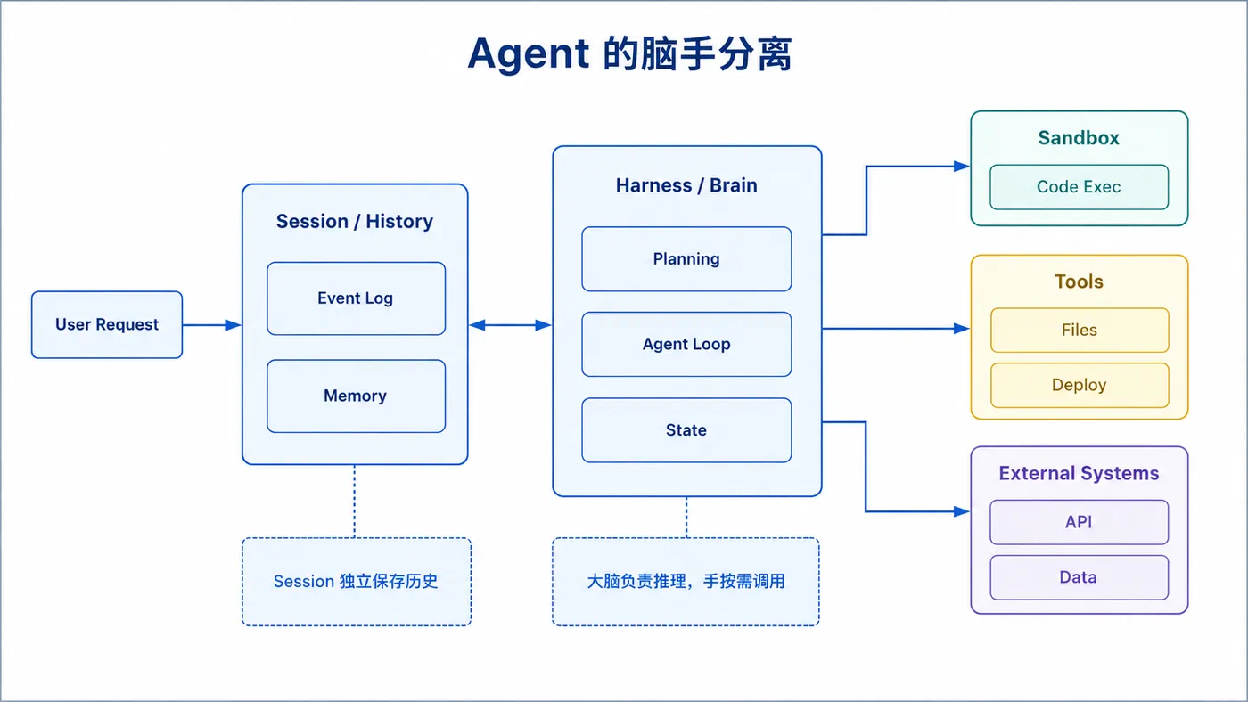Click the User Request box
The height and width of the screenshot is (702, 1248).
point(107,324)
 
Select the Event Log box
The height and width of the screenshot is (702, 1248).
point(356,298)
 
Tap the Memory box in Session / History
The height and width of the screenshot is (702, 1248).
point(356,396)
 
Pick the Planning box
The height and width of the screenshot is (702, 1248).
point(686,259)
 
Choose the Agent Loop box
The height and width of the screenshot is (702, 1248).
point(686,344)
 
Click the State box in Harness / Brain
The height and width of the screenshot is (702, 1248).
point(686,429)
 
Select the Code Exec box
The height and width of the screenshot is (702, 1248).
point(1080,187)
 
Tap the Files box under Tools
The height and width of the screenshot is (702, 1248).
point(1080,331)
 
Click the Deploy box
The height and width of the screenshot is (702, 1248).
point(1080,385)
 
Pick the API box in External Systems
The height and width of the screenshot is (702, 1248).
point(1080,522)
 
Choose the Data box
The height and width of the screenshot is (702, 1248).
point(1080,577)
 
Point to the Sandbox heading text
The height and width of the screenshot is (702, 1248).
point(1079,137)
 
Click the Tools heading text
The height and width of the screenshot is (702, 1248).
point(1080,282)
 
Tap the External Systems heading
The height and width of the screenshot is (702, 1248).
point(1079,473)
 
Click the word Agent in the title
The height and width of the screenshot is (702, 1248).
point(528,54)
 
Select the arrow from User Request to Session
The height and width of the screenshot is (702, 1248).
point(212,325)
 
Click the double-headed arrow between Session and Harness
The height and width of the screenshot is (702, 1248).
point(510,325)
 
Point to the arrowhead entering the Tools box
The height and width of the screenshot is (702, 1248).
point(962,329)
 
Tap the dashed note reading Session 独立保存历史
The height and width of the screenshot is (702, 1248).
point(357,582)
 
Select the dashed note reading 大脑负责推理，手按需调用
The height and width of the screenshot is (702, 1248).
point(686,582)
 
